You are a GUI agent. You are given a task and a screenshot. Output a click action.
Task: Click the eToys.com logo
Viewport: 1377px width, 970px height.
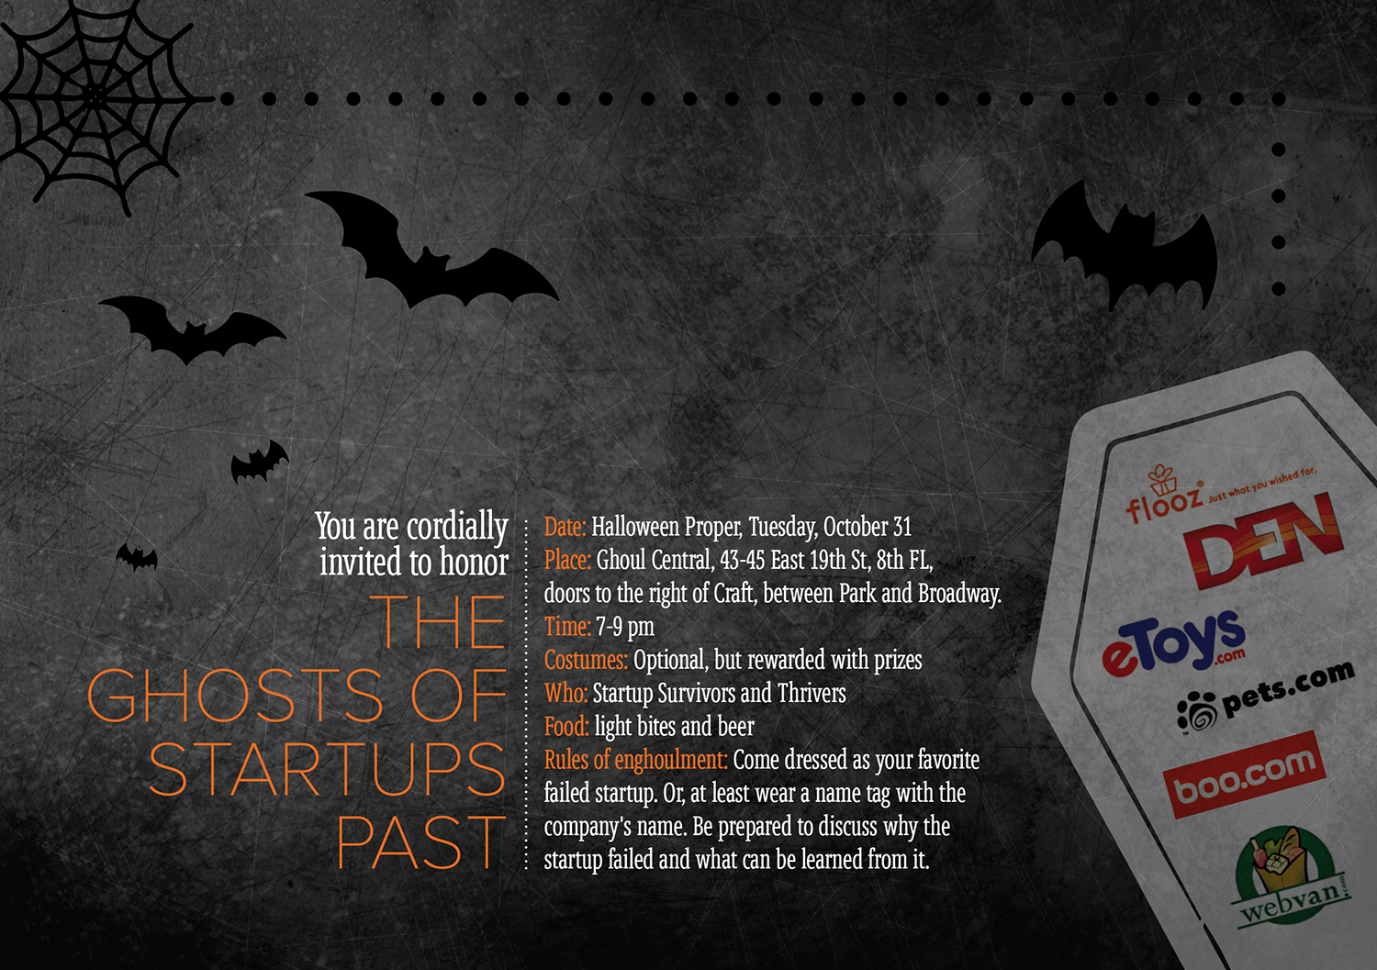(x=1174, y=644)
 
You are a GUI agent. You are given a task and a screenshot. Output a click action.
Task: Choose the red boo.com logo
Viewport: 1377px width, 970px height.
(x=1244, y=775)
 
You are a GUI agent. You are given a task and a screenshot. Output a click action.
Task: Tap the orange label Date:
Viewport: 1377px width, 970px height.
(x=565, y=527)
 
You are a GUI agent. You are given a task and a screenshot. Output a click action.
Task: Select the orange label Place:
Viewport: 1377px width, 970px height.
(x=567, y=560)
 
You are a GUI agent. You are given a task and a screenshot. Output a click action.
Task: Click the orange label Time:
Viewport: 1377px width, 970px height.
(x=567, y=627)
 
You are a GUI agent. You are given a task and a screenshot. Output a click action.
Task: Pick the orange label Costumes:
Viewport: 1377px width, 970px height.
(x=586, y=660)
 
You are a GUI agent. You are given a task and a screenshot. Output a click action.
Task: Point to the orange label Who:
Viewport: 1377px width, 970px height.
(x=565, y=693)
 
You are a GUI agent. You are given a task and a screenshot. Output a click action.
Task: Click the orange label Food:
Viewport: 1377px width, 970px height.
(x=566, y=726)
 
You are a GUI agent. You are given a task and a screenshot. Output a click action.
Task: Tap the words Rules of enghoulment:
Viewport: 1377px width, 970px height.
(x=635, y=760)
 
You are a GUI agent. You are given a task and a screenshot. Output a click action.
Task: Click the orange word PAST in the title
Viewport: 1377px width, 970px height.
(x=421, y=842)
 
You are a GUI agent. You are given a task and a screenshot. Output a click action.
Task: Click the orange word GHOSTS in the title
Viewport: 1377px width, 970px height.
(x=235, y=695)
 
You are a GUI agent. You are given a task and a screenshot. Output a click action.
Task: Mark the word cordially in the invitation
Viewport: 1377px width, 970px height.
(x=457, y=527)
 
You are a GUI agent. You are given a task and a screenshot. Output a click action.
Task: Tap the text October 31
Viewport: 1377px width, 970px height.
(x=867, y=527)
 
